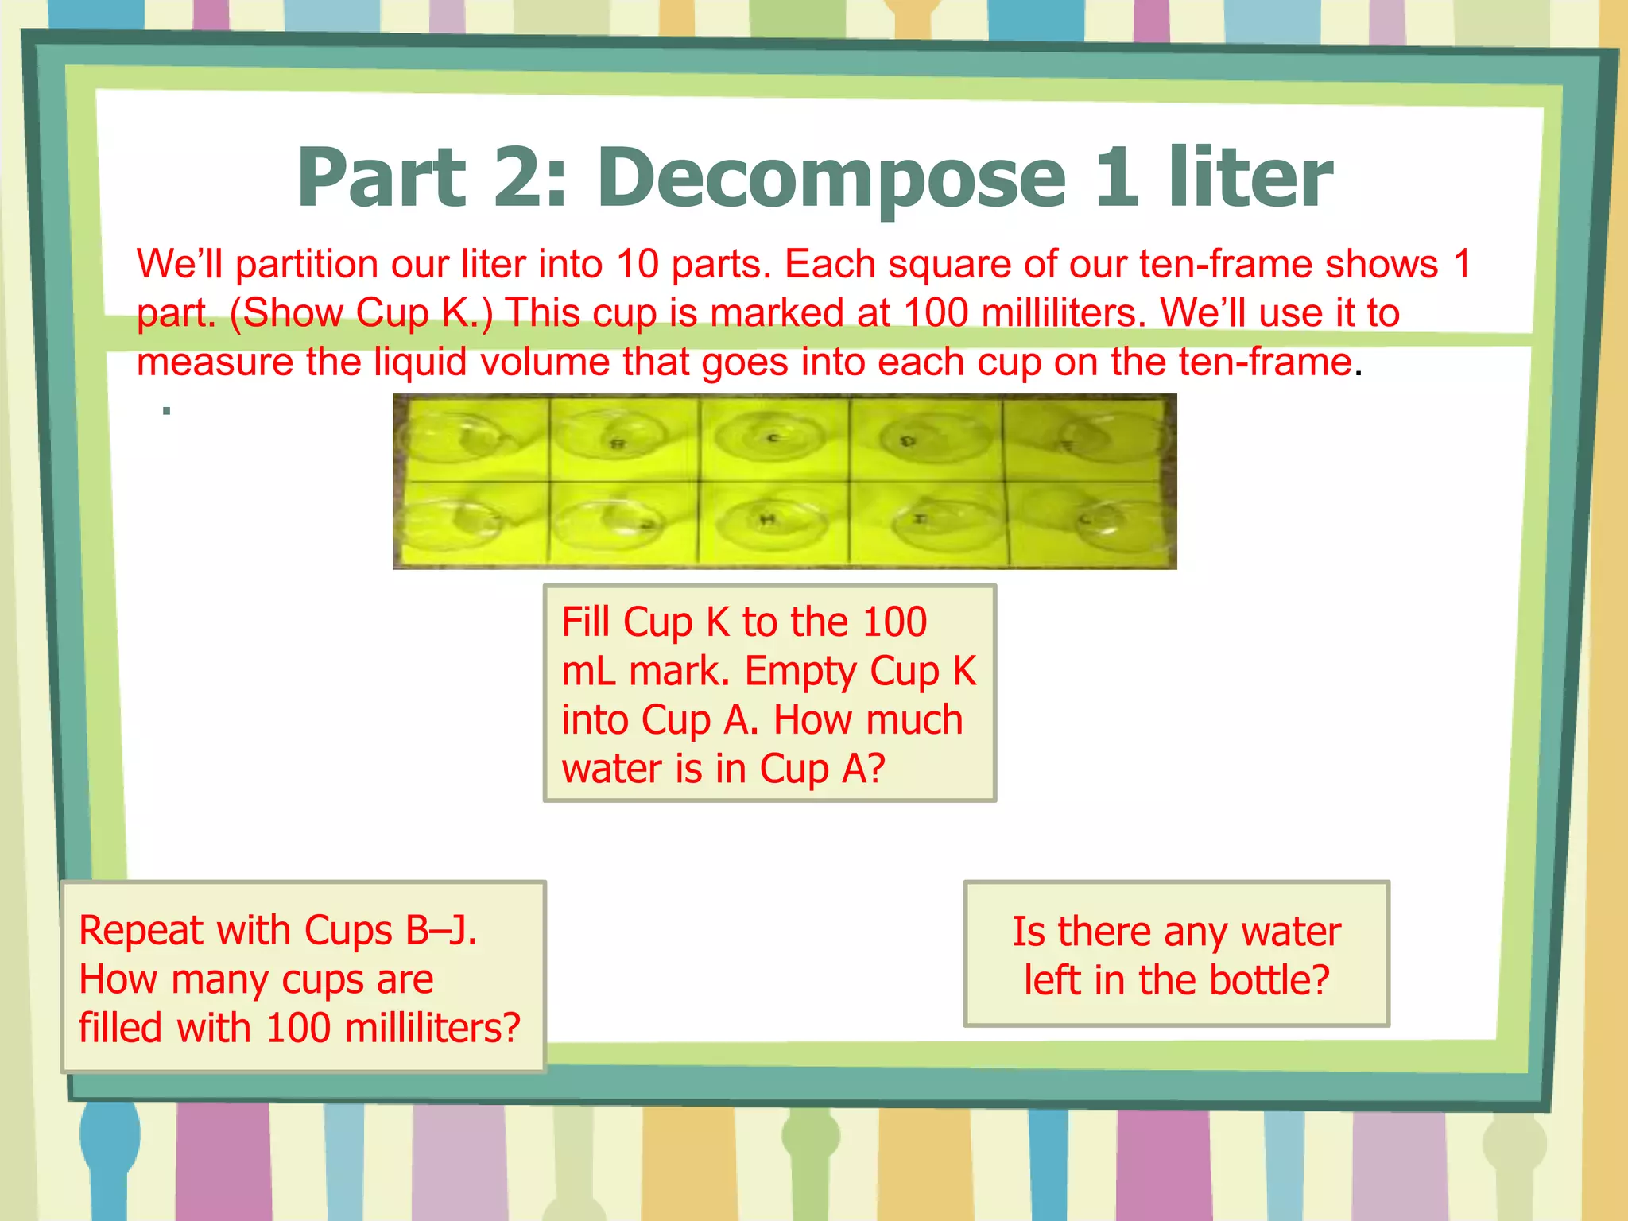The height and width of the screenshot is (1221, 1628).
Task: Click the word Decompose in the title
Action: (831, 180)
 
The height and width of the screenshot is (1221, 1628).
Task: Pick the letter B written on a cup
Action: (618, 444)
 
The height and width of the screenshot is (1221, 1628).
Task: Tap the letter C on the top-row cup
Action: (772, 437)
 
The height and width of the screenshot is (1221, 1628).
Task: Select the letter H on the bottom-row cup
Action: (767, 519)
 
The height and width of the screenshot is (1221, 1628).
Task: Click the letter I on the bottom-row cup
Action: (919, 518)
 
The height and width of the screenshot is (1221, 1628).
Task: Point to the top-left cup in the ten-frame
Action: (461, 437)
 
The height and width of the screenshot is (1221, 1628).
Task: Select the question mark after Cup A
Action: (876, 769)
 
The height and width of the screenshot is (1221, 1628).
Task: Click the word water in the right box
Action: (1291, 932)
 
